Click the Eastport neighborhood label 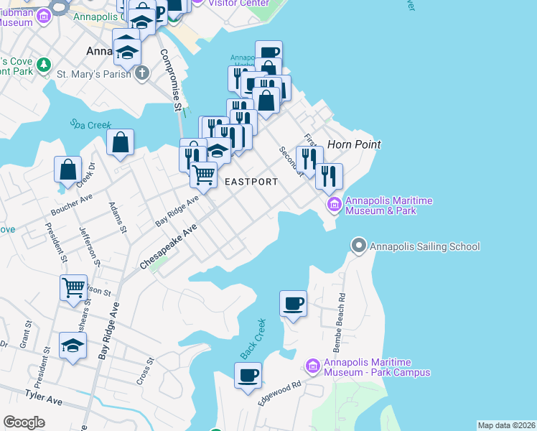coord(251,182)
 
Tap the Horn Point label coord(353,144)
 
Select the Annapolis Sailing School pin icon coord(358,246)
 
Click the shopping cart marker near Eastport coord(204,175)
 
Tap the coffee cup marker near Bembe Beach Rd coord(293,304)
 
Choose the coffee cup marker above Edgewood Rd coord(248,376)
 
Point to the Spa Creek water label coord(91,124)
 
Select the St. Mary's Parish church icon coord(142,73)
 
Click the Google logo coord(24,422)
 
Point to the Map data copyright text coord(506,425)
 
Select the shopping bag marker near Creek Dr coord(67,170)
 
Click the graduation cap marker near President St coord(73,346)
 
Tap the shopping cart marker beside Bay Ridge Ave coord(73,289)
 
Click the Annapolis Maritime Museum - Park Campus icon coord(312,366)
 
